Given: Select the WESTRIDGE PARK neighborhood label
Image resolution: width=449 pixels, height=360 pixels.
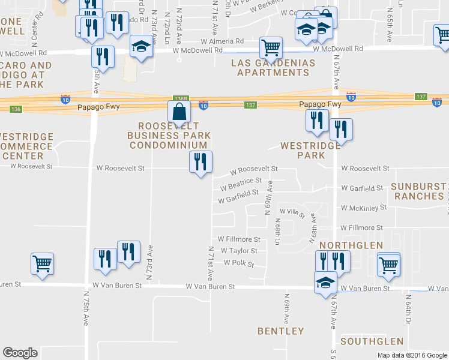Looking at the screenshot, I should [303, 150].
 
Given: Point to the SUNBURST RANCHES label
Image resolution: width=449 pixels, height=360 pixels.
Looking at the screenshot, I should [417, 191].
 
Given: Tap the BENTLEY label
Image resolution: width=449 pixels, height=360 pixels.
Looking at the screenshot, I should [280, 331].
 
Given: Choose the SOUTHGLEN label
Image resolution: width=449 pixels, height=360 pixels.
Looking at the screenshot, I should [372, 341].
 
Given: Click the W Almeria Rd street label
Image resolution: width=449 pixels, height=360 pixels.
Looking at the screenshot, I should [222, 41].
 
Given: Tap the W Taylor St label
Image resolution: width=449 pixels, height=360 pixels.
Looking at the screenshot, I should [239, 251].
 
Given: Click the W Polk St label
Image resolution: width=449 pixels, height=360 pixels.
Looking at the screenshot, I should [239, 263].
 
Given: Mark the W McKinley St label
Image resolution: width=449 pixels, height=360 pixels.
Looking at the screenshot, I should [363, 208].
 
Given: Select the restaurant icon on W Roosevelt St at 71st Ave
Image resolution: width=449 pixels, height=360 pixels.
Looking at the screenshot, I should [200, 161].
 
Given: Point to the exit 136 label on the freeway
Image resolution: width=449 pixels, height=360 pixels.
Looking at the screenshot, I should [16, 109].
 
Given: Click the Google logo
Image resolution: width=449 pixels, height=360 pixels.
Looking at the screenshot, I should [20, 353].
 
